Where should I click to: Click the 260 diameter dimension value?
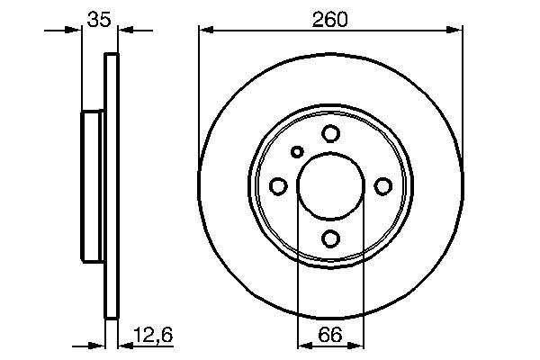click(x=330, y=18)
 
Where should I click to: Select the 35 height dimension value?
click(x=100, y=18)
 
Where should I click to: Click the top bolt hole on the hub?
click(x=330, y=133)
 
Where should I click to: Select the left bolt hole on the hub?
click(x=278, y=185)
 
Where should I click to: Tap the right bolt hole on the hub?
click(x=383, y=185)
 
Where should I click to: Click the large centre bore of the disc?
click(x=330, y=185)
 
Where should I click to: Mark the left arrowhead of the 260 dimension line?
click(x=205, y=30)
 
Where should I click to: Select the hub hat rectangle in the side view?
click(x=94, y=185)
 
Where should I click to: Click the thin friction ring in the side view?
click(x=112, y=185)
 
